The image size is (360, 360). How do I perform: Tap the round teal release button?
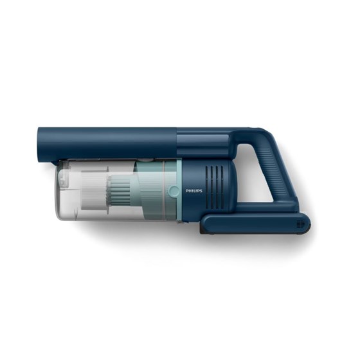coord(174,192)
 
